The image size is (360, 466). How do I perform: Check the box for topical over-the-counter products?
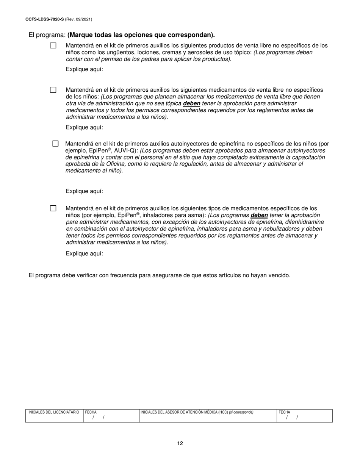click(x=53, y=45)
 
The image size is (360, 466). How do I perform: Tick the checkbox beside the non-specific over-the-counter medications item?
click(x=53, y=90)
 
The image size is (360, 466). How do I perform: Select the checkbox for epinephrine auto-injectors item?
click(x=55, y=144)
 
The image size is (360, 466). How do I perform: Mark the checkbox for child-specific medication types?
click(x=53, y=208)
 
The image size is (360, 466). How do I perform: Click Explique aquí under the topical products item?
click(x=84, y=69)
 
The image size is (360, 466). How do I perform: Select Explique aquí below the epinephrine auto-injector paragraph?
click(x=84, y=191)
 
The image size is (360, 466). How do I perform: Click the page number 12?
click(x=180, y=443)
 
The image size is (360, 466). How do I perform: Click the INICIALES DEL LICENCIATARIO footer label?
click(x=54, y=412)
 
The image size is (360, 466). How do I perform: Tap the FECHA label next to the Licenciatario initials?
click(x=91, y=412)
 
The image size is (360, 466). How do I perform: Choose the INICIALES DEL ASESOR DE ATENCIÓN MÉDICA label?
click(x=184, y=412)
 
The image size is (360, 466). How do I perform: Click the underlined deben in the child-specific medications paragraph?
click(x=259, y=215)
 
